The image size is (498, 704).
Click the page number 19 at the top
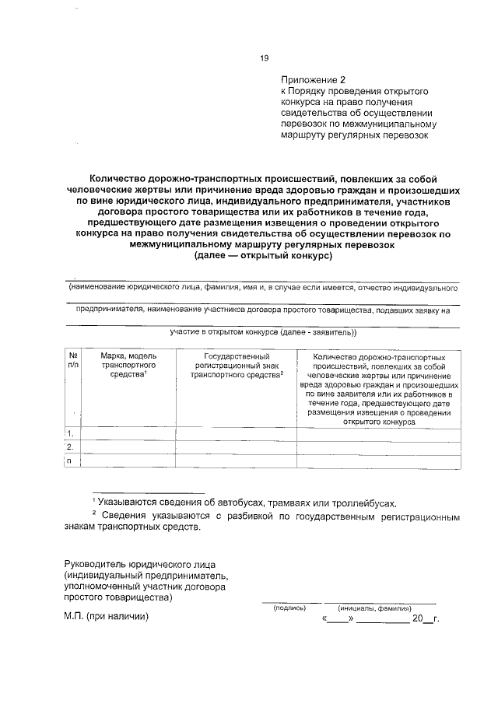point(264,58)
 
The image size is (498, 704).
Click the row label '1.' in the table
point(71,433)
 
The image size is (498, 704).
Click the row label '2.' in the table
point(71,447)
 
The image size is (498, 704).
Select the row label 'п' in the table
point(71,461)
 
